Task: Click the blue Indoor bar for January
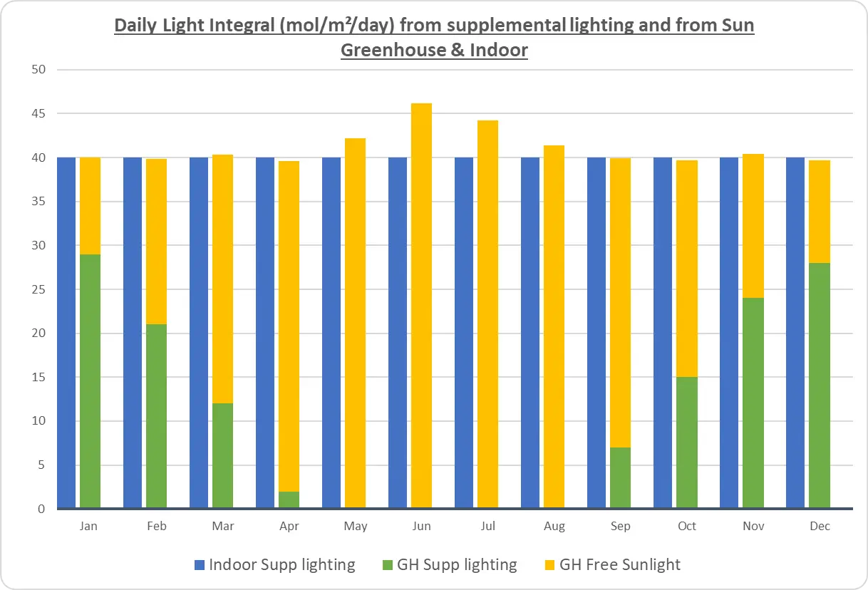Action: tap(66, 333)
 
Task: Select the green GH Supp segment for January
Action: tap(90, 381)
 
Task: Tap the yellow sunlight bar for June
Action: tap(421, 306)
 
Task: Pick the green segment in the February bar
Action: tap(156, 416)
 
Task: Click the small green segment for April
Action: tap(289, 500)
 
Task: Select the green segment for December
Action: tap(819, 385)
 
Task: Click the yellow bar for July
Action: tap(487, 314)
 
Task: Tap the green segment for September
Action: tap(620, 478)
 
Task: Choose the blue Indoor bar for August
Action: tap(530, 333)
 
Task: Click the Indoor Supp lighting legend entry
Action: tap(274, 565)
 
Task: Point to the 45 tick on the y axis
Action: tap(38, 113)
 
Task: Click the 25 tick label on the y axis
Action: tap(38, 289)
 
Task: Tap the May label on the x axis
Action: tap(356, 527)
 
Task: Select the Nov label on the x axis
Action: tap(753, 527)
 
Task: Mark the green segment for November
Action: tap(753, 403)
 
